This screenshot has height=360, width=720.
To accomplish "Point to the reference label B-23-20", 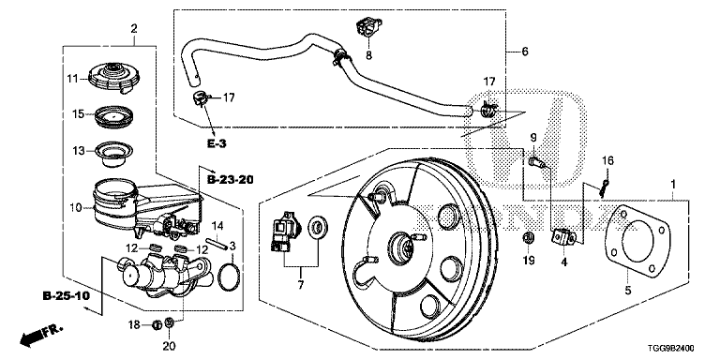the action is click(230, 180).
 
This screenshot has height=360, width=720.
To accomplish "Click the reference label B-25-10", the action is click(66, 296).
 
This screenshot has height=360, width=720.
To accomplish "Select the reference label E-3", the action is click(216, 143).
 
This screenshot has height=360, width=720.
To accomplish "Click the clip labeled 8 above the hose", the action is click(368, 28).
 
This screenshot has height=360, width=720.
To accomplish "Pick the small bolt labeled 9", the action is click(536, 162).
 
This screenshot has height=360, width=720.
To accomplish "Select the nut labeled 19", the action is click(528, 238).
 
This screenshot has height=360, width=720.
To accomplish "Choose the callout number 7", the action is click(301, 285).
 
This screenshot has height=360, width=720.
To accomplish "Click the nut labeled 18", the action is click(157, 325).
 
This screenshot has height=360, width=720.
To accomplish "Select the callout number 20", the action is click(169, 346).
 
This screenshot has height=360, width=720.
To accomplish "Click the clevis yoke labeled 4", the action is click(563, 237).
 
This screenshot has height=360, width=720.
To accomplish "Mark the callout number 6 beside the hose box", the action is click(525, 51).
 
